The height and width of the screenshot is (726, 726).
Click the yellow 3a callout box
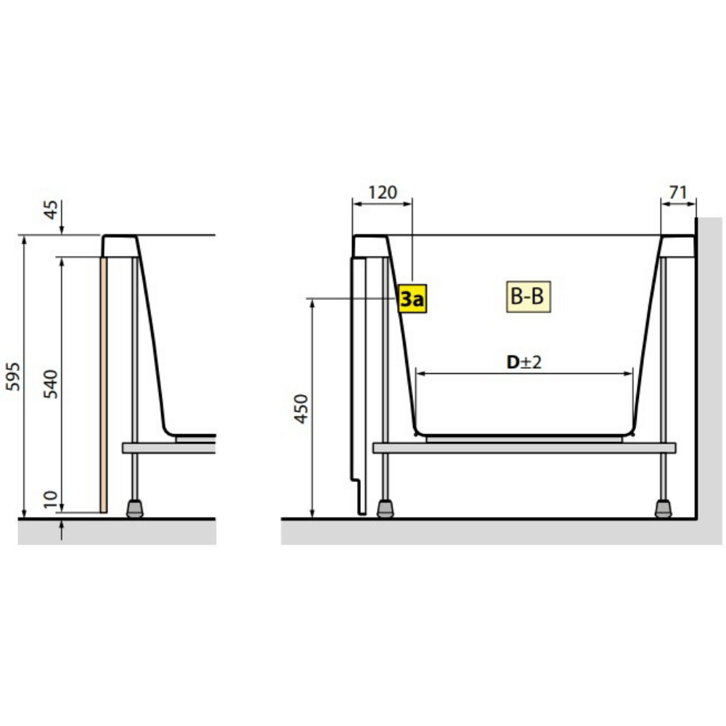pos(412,298)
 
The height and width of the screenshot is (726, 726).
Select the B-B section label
pos(529,296)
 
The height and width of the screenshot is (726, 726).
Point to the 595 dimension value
pos(13,376)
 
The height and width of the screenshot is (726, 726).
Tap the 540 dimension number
pos(51,384)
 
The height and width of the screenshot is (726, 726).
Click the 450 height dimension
pos(301,409)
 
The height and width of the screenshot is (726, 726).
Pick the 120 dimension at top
pos(383,192)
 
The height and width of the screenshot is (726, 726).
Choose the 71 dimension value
pos(678,192)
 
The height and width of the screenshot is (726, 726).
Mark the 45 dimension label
pos(51,209)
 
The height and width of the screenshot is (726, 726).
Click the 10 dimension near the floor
pos(51,499)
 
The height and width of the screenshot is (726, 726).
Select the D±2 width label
pos(523,362)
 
